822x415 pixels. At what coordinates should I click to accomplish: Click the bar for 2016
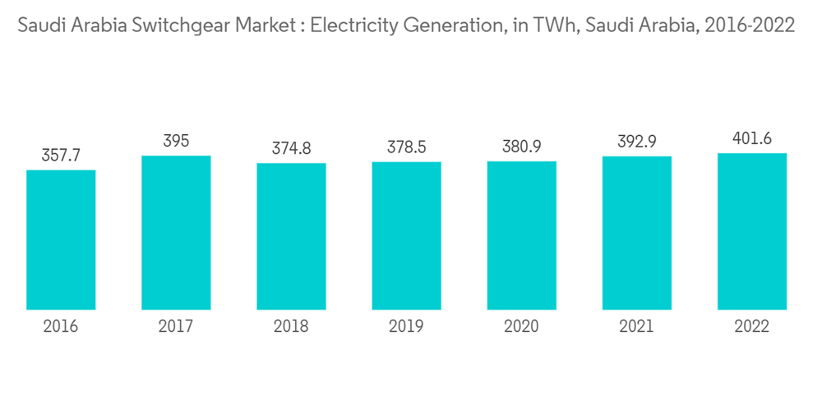pos(61,240)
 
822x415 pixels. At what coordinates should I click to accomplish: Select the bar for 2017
pos(176,233)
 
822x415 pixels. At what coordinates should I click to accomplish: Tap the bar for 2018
pos(291,236)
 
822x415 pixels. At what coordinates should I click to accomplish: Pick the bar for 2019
pos(406,235)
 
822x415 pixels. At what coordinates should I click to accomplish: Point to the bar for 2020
pos(521,235)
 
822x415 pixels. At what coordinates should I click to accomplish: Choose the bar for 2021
pos(636,233)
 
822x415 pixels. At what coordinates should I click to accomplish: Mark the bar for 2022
pos(751,231)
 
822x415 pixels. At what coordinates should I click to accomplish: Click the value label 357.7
pos(61,156)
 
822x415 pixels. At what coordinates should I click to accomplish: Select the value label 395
pos(176,142)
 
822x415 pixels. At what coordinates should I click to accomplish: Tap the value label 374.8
pos(291,149)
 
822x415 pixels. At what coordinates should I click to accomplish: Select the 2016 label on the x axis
pos(61,327)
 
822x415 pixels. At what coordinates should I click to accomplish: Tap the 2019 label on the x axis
pos(406,327)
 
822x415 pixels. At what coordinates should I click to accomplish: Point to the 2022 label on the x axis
pos(751,327)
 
